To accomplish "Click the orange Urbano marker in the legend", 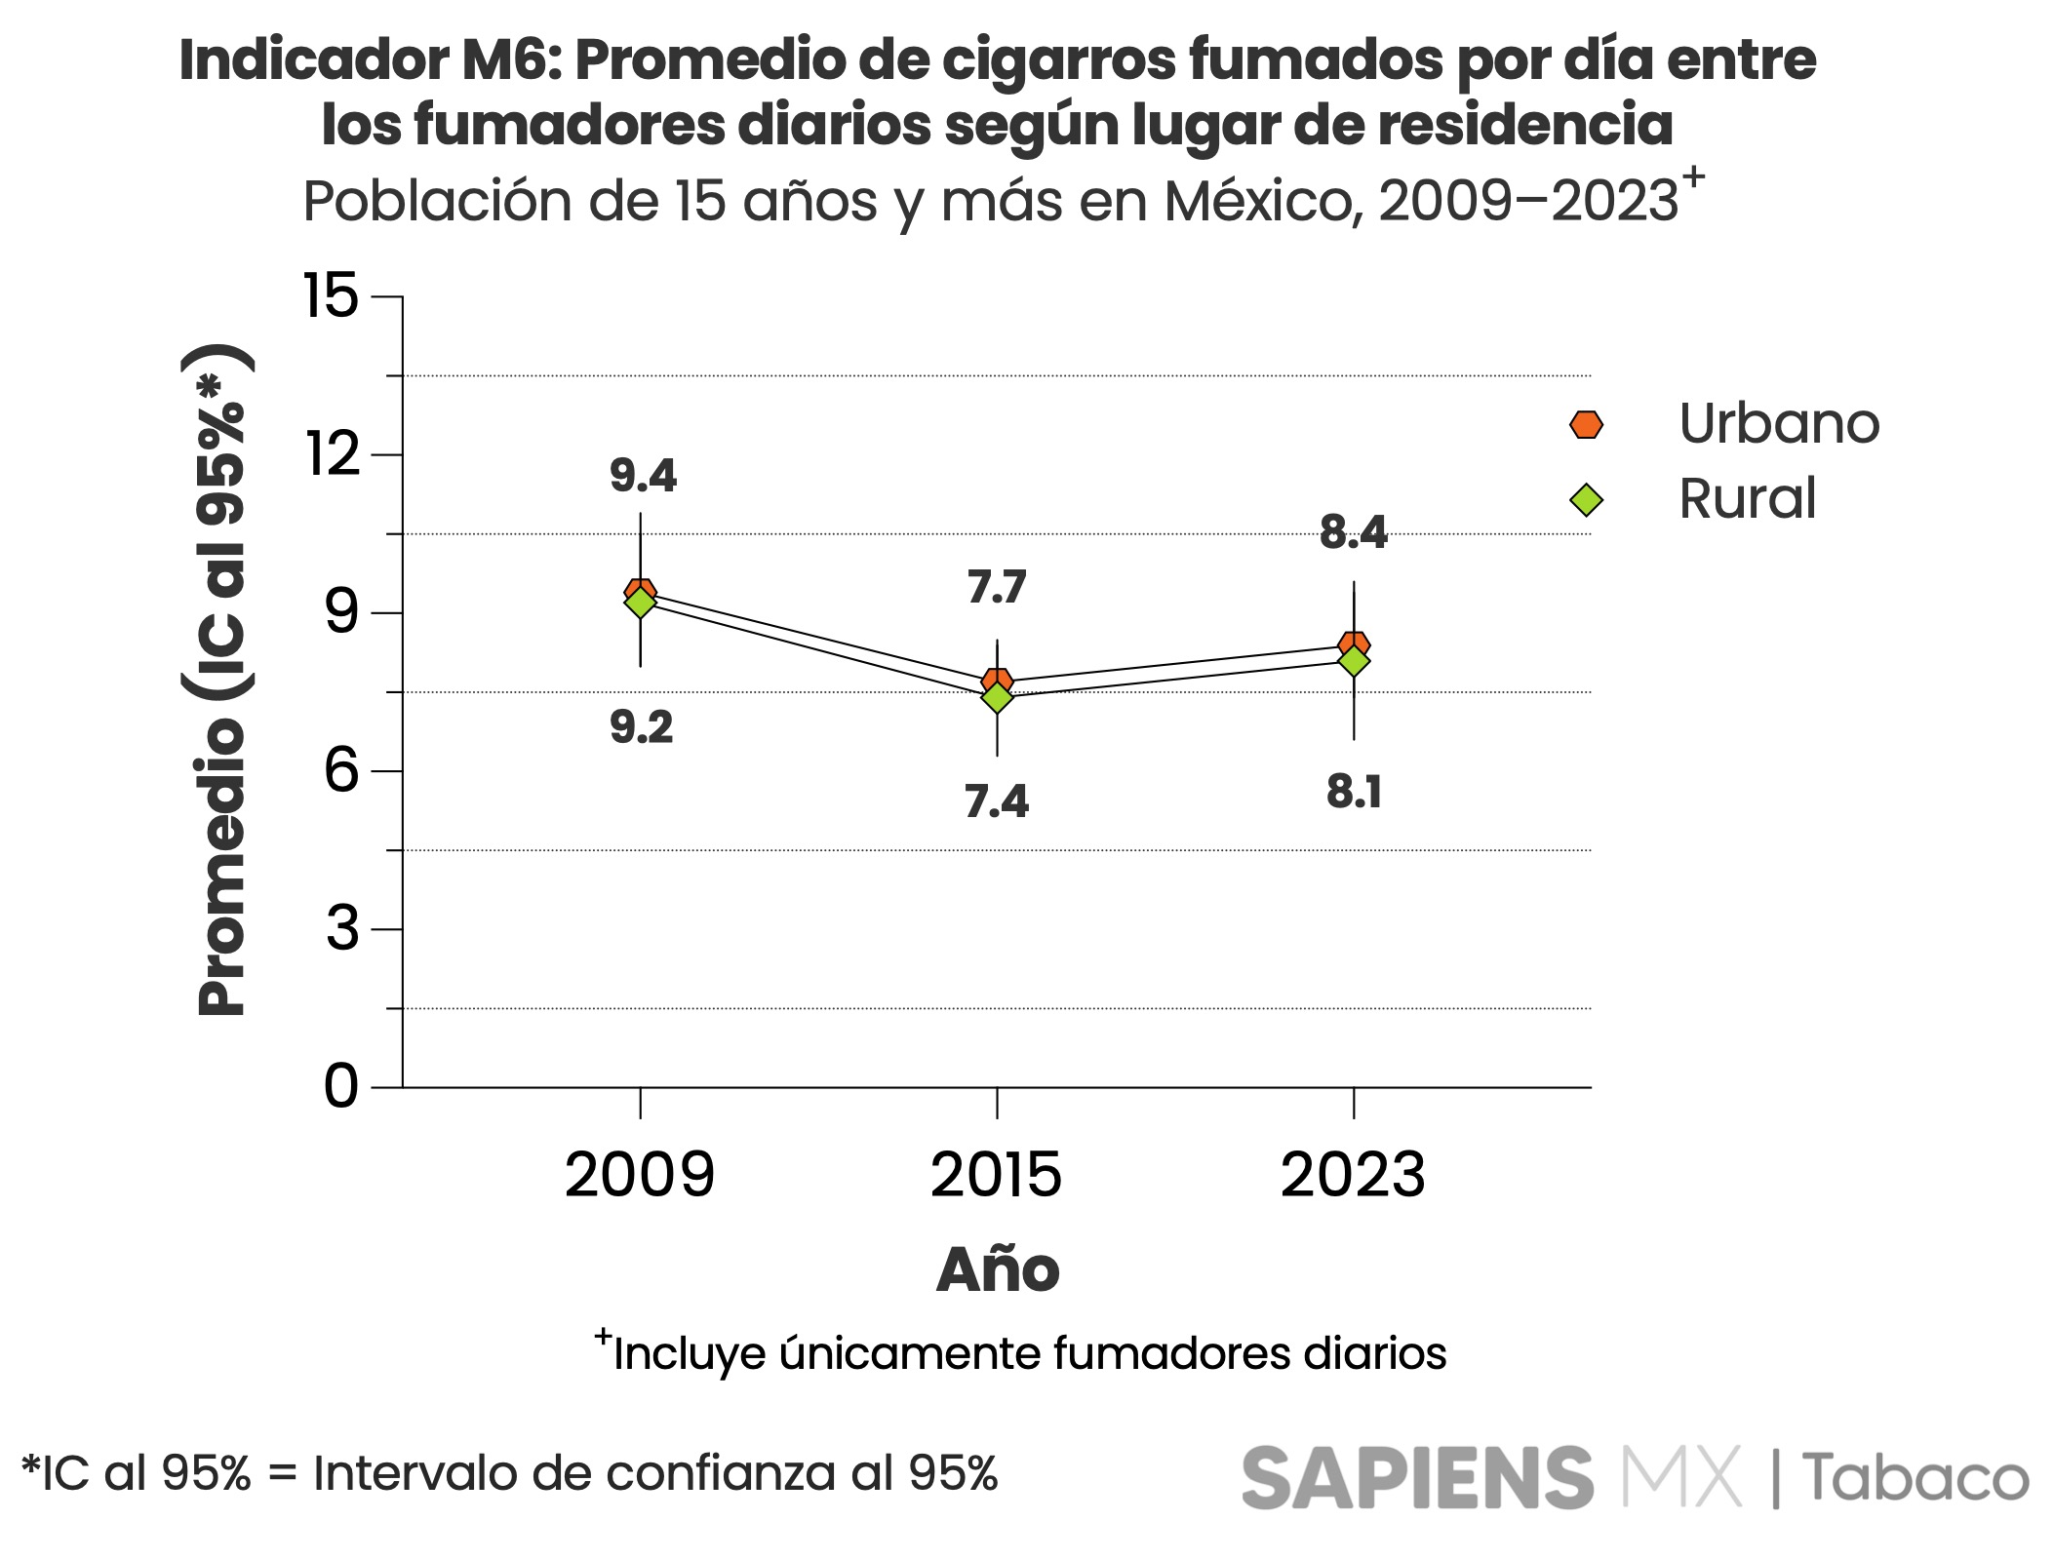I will click(1586, 424).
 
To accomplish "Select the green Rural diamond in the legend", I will click(1586, 500).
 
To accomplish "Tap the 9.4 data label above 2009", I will click(643, 476).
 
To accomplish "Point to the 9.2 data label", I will click(642, 727).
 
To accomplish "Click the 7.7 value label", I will click(997, 587).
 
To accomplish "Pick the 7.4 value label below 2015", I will click(997, 801).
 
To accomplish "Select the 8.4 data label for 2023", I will click(1353, 532).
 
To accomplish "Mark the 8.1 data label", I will click(1354, 792).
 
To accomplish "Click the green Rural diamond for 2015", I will click(997, 698).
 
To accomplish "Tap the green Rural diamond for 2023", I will click(1354, 662).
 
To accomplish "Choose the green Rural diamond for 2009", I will click(640, 604).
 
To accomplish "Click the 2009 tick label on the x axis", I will click(640, 1175).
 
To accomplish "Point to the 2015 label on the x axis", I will click(996, 1175).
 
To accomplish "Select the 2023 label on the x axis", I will click(1353, 1175).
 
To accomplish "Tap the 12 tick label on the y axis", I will click(333, 454).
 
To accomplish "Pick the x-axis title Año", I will click(997, 1269).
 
